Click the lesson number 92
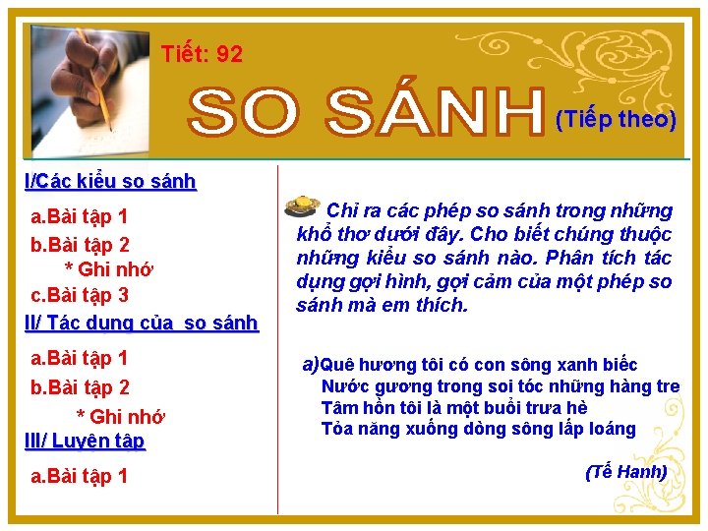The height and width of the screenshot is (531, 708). point(229,54)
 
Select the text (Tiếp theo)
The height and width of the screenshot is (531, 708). point(616,119)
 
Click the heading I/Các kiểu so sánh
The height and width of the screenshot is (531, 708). point(110,181)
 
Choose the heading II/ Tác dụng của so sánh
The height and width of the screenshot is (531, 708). point(142,322)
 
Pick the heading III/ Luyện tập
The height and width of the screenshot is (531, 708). point(85,441)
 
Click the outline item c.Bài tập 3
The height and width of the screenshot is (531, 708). point(80,295)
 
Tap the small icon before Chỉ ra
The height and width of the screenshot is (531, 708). point(300,206)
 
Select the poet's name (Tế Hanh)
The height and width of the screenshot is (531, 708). point(625,472)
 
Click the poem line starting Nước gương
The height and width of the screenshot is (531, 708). point(500,386)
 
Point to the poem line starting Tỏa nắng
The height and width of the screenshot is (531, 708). point(478,429)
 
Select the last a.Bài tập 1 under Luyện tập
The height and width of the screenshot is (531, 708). point(80,477)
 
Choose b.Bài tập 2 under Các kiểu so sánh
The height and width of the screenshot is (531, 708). point(81,244)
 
